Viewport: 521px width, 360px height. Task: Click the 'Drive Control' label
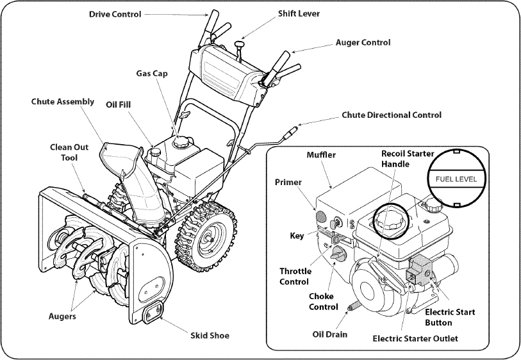tap(115, 14)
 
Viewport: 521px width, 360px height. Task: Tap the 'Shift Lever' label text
tap(299, 13)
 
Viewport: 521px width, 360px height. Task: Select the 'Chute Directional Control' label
tap(392, 115)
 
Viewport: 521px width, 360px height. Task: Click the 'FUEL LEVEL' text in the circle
tap(456, 179)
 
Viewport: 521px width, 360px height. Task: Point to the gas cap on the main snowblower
tap(182, 142)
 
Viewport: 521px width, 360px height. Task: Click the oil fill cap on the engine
tap(155, 152)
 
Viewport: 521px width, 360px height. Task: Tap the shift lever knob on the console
tap(238, 44)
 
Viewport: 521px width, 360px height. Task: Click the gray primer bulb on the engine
tap(321, 216)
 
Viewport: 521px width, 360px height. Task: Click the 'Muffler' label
tap(321, 155)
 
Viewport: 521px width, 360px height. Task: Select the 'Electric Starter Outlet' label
tap(415, 338)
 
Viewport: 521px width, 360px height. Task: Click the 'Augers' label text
tap(62, 316)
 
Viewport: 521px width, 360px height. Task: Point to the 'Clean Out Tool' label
tap(69, 152)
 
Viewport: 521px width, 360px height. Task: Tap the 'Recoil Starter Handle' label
tap(408, 159)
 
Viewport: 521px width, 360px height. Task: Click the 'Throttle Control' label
tap(295, 276)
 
